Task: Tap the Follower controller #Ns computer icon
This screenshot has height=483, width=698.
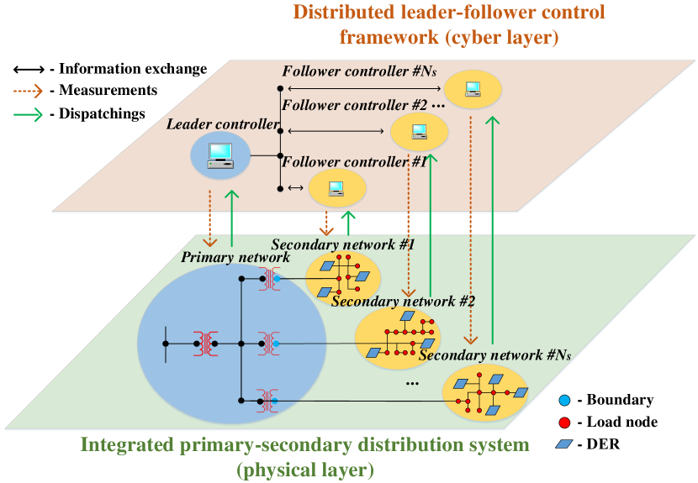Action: tap(473, 88)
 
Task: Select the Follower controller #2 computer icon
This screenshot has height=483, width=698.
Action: tap(419, 131)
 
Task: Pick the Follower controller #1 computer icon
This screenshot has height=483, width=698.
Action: tap(336, 188)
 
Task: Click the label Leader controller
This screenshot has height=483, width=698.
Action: tap(223, 124)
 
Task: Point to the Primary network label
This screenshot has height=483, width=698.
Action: tap(235, 257)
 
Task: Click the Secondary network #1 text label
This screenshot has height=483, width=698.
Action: tap(343, 244)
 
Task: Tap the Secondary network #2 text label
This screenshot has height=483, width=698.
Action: tap(404, 301)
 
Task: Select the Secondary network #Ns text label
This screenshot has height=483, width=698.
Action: tap(494, 355)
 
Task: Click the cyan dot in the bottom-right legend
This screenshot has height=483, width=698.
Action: tap(564, 402)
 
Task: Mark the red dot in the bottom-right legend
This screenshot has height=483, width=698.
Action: tap(564, 423)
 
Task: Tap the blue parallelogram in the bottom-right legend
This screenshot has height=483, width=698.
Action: tap(564, 444)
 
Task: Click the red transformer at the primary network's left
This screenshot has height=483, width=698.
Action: tap(204, 343)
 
